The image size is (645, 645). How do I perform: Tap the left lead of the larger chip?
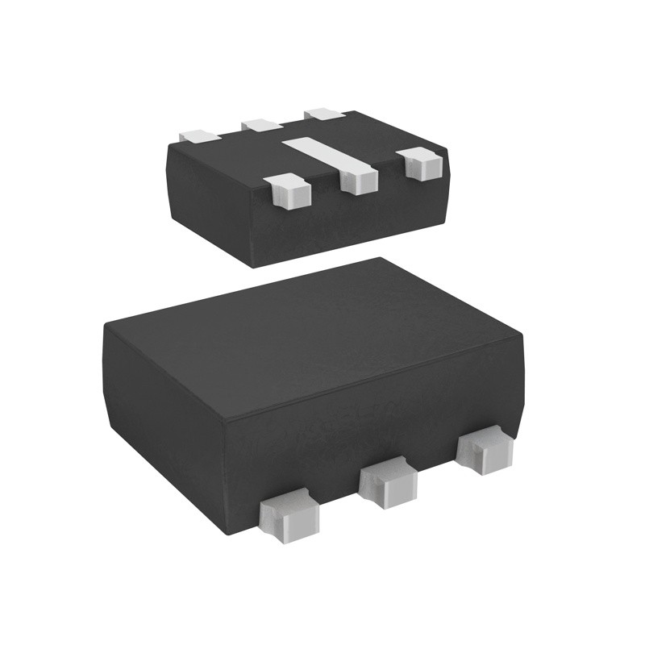coord(289,515)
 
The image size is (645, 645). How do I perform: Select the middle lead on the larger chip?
coord(388,481)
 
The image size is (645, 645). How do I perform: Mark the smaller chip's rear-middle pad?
coord(261,124)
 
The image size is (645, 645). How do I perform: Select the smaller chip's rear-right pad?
coord(324,113)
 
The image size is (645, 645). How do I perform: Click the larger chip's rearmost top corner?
coord(381,259)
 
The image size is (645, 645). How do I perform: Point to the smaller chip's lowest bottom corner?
coord(256,266)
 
